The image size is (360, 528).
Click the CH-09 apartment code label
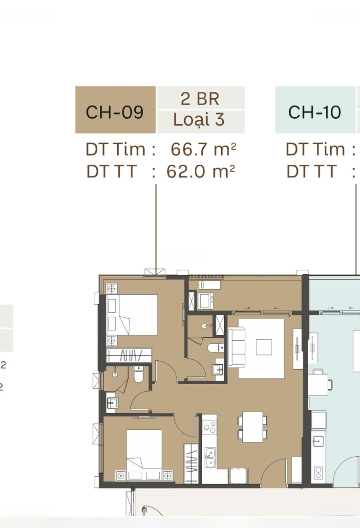click(115, 112)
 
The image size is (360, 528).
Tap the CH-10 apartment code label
click(315, 112)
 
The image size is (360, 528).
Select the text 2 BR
click(200, 99)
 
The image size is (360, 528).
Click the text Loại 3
click(199, 120)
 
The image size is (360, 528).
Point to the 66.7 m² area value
click(203, 149)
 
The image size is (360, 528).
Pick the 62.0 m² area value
click(201, 172)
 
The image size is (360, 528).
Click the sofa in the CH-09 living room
click(236, 347)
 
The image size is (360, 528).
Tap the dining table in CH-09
click(253, 427)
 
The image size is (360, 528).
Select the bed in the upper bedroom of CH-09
click(132, 315)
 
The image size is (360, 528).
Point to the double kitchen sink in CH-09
click(210, 457)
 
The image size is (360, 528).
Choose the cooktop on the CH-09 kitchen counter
click(210, 427)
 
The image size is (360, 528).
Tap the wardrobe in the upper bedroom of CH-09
click(129, 355)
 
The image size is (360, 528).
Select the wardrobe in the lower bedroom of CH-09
click(191, 463)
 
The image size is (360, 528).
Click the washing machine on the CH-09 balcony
click(206, 301)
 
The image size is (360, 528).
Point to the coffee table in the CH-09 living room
click(264, 347)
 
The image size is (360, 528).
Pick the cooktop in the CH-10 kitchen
click(318, 472)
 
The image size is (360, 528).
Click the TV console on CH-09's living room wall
click(297, 349)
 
